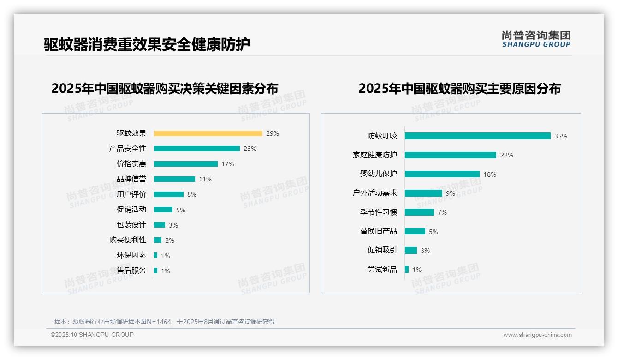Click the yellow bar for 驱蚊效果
(208, 133)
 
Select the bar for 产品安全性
(197, 149)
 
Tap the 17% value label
(228, 164)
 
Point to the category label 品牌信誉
(131, 179)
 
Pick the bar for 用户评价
(169, 194)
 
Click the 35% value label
(561, 136)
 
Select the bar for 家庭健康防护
(451, 155)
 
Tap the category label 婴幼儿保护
(379, 174)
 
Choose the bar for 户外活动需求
(423, 193)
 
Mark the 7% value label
(442, 212)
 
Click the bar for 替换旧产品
(415, 231)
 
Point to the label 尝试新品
(382, 270)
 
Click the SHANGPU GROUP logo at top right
(536, 39)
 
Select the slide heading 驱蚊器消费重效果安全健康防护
(147, 45)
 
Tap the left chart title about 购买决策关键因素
(165, 89)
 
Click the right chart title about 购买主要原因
(459, 89)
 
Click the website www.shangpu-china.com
(537, 335)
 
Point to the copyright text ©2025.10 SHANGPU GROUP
(92, 335)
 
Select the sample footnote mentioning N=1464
(165, 322)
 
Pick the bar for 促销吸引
(411, 250)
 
